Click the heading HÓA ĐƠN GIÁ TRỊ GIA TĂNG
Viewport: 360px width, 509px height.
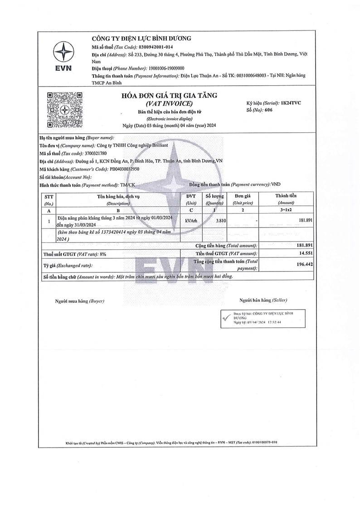click(169, 95)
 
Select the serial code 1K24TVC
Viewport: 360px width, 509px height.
click(291, 103)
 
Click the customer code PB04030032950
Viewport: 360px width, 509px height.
click(124, 169)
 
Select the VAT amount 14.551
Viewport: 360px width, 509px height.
click(306, 253)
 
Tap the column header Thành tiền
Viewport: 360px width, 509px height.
click(286, 196)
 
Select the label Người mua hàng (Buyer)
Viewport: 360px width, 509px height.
click(80, 301)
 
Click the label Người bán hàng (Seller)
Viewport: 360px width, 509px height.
click(263, 300)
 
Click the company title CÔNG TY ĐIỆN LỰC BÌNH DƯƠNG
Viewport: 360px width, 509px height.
click(141, 38)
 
